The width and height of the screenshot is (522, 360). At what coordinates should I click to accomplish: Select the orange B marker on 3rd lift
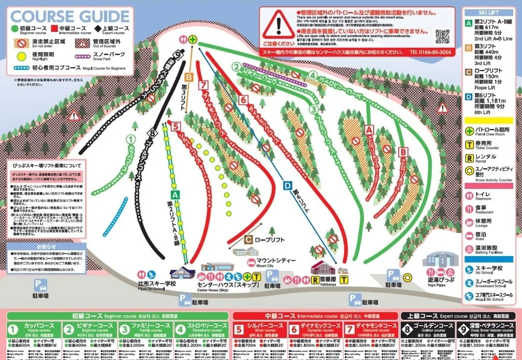coord(189,76)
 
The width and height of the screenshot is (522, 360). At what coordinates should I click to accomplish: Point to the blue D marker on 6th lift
coord(288,185)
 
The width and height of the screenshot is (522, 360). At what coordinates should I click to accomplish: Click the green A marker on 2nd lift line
coord(175,194)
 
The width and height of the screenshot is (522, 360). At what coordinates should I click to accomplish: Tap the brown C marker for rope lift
coord(248,239)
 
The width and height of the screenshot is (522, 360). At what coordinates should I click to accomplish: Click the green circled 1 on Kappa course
coord(130,139)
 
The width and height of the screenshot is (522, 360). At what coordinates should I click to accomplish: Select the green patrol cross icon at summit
coord(193,40)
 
